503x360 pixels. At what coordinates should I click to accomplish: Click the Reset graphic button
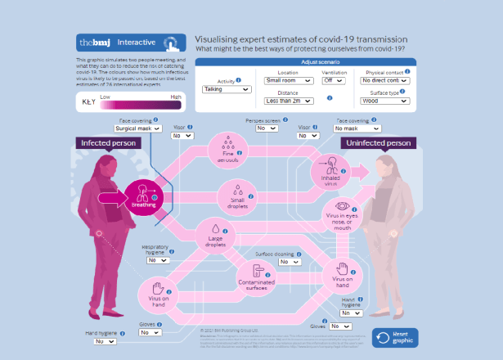point(395,337)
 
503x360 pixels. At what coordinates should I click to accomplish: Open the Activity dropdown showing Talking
point(227,88)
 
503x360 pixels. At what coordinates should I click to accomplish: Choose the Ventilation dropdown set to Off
point(333,81)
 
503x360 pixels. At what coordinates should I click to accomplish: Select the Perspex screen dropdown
point(267,128)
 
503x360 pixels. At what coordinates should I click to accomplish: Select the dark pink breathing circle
point(144,196)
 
